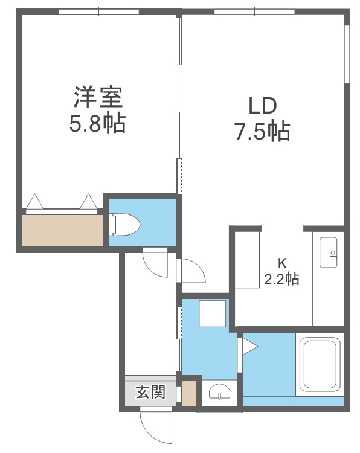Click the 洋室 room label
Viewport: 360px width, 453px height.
tap(98, 97)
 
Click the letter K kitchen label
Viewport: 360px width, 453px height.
tap(281, 263)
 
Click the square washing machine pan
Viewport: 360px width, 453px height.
tap(212, 313)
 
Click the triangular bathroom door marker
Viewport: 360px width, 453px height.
tap(249, 347)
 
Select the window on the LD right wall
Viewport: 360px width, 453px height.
tap(347, 54)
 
